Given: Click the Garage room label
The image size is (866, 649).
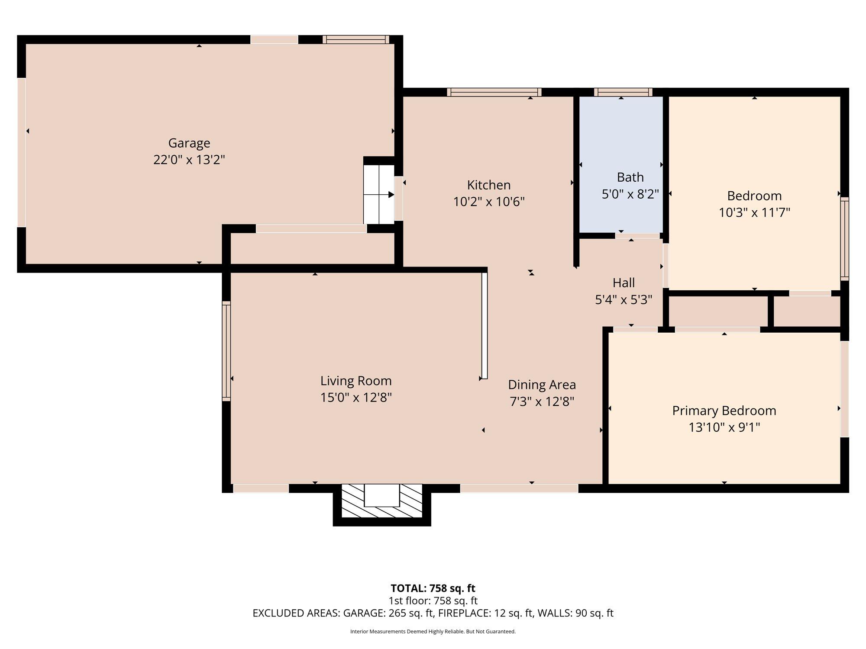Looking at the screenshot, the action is click(x=189, y=143).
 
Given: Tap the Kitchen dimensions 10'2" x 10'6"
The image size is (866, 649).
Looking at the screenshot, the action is click(x=489, y=202).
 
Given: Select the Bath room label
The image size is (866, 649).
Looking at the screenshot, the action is click(x=630, y=177).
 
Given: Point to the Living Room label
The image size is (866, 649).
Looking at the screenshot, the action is click(x=356, y=381).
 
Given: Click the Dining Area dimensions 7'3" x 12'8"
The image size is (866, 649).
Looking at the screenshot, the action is click(x=542, y=402).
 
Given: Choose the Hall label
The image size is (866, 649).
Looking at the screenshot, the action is click(x=624, y=283).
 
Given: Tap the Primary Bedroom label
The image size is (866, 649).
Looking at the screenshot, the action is click(x=724, y=411).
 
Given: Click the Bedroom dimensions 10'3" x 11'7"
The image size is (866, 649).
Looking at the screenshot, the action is click(x=754, y=212).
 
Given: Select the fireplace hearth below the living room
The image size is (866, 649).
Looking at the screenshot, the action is click(x=382, y=501).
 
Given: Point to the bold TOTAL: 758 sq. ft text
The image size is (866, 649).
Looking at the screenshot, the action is click(x=433, y=588).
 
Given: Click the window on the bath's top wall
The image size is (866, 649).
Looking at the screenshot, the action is click(x=623, y=92).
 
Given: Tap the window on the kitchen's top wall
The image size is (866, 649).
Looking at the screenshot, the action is click(x=494, y=92).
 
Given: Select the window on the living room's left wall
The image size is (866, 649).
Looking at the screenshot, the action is click(x=226, y=350).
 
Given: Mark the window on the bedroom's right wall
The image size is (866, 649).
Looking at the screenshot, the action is click(x=844, y=239).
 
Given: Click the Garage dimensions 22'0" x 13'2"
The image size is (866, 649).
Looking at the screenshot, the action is click(x=189, y=160).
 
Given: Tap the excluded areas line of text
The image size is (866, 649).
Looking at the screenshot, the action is click(x=433, y=613).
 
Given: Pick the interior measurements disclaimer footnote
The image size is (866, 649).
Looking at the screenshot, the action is click(x=433, y=632).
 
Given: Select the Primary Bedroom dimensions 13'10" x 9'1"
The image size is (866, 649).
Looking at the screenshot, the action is click(x=724, y=427).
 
